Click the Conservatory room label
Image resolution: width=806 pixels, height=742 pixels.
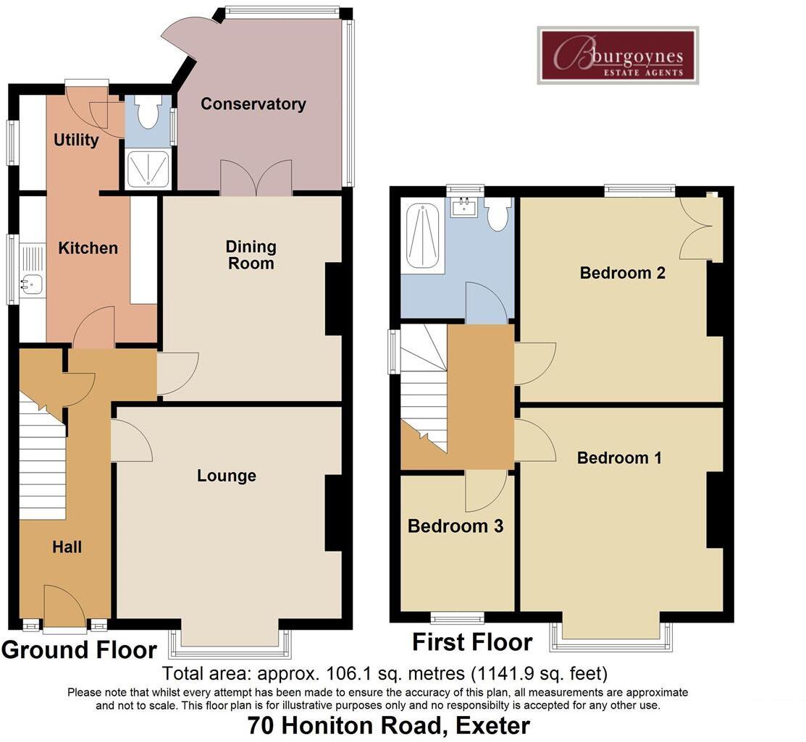253,104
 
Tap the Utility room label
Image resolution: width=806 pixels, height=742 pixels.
76,140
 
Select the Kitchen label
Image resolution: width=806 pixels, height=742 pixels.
88,248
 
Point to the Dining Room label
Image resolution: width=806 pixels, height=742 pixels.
251,255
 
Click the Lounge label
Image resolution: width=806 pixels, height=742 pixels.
227,476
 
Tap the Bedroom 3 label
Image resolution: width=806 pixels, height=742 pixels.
456,526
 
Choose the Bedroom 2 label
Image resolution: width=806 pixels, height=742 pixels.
622,273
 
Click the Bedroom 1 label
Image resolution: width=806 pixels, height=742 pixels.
619,458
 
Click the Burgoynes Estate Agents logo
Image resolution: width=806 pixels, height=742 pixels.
618,55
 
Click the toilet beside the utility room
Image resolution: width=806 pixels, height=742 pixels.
148,115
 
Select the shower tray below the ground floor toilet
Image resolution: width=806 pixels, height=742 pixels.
148,169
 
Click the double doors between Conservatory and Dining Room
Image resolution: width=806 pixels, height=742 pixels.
256,179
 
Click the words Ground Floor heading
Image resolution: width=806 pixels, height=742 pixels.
79,649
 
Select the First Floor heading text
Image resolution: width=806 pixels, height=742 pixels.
472,642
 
